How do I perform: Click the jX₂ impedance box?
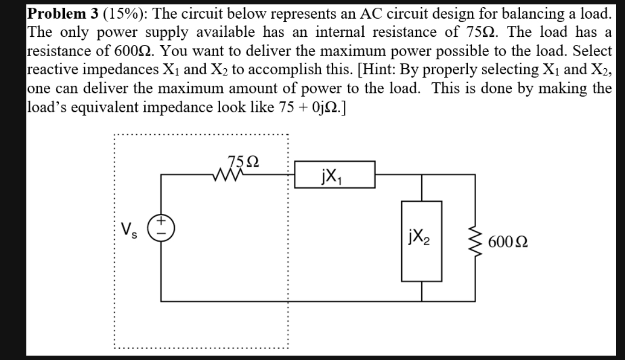click(422, 240)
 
